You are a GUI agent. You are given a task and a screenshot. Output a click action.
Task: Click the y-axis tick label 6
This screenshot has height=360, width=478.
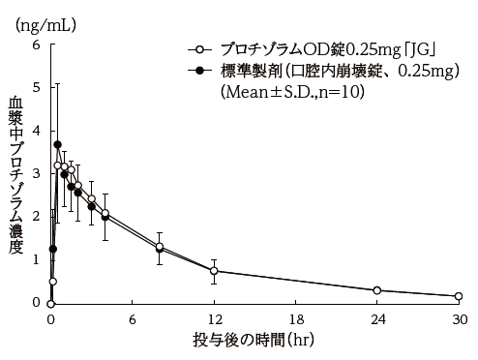pyautogui.click(x=36, y=45)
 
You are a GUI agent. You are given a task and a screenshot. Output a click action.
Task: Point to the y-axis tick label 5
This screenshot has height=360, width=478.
pyautogui.click(x=36, y=87)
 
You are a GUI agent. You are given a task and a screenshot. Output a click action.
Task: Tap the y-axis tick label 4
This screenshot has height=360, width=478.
pyautogui.click(x=36, y=131)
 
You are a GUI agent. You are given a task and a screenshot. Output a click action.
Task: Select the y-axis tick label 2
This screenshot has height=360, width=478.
pyautogui.click(x=36, y=216)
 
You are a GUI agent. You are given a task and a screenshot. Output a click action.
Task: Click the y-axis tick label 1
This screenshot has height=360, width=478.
pyautogui.click(x=36, y=259)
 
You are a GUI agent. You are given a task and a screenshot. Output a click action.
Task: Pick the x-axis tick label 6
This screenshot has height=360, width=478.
pyautogui.click(x=133, y=318)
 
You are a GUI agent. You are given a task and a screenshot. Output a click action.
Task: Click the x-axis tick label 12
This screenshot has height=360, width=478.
pyautogui.click(x=214, y=318)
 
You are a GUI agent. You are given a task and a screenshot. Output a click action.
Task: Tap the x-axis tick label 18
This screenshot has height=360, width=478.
pyautogui.click(x=295, y=318)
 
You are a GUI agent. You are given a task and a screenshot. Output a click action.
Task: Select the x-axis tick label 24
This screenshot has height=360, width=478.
pyautogui.click(x=377, y=318)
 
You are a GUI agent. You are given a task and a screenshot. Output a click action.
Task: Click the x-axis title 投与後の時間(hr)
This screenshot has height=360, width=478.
pyautogui.click(x=254, y=341)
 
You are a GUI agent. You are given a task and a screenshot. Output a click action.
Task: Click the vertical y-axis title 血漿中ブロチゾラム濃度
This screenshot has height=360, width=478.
pyautogui.click(x=15, y=174)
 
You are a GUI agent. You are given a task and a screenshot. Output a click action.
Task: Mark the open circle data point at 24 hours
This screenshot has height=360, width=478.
pyautogui.click(x=377, y=290)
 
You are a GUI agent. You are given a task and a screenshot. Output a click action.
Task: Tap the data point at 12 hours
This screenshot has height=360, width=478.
pyautogui.click(x=214, y=271)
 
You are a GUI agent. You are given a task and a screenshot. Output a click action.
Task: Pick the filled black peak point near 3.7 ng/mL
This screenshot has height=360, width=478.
pyautogui.click(x=57, y=144)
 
